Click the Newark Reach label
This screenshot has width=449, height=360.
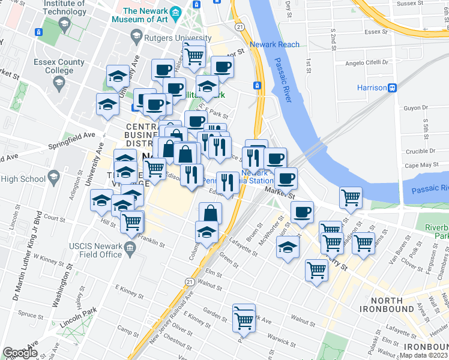click(x=276, y=44)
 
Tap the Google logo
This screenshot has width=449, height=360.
click(x=20, y=353)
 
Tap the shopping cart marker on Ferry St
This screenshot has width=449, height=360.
click(x=331, y=242)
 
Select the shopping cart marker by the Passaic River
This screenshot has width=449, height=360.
click(x=351, y=196)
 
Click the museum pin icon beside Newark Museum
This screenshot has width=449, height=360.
click(x=175, y=12)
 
